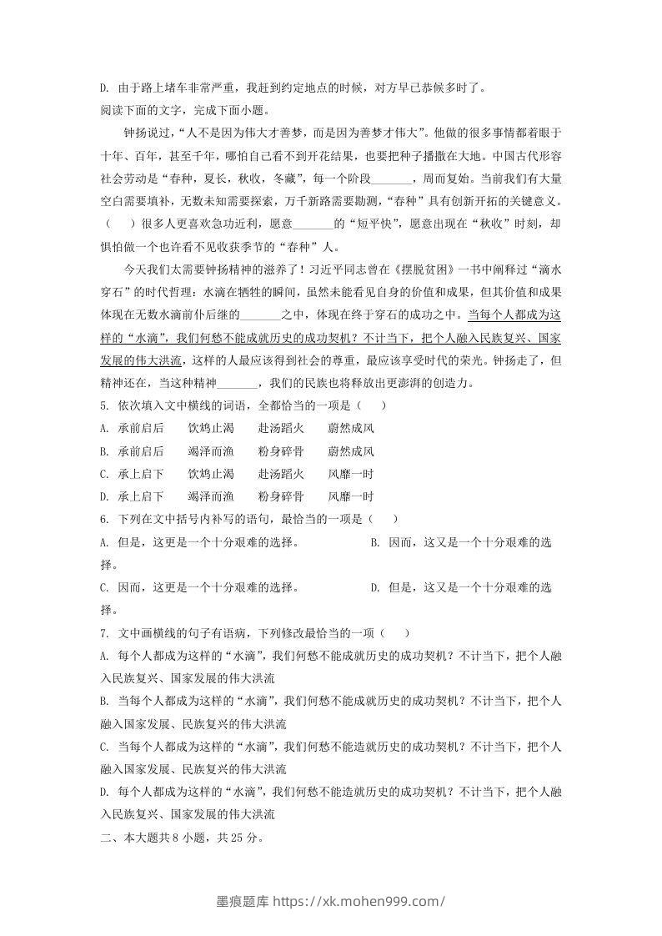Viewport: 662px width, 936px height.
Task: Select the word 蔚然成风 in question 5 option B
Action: [351, 451]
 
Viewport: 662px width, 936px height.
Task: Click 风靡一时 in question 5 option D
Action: [351, 496]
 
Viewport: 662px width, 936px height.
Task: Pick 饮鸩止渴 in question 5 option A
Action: [211, 429]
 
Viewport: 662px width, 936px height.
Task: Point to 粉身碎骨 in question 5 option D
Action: [281, 496]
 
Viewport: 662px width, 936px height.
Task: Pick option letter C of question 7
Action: [103, 746]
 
